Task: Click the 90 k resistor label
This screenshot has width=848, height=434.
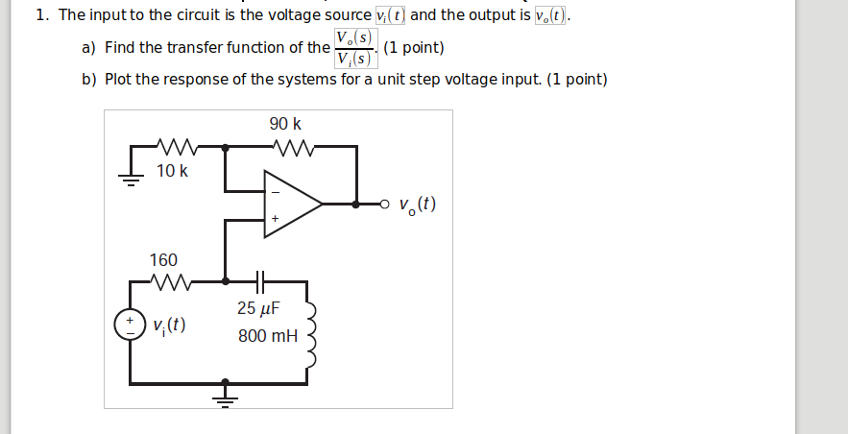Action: click(285, 124)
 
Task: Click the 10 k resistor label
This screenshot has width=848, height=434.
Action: click(172, 171)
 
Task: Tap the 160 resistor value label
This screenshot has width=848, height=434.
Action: click(163, 260)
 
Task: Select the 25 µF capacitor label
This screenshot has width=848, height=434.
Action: click(258, 308)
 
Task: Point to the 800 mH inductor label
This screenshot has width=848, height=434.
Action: click(268, 336)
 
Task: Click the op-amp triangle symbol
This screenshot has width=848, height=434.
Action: click(292, 205)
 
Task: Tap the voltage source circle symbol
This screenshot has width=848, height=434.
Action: click(130, 325)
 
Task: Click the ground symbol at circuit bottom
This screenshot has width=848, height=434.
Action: click(226, 394)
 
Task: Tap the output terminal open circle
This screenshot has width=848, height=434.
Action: click(385, 204)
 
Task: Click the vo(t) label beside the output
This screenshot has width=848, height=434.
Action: click(417, 205)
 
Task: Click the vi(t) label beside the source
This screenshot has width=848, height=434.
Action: click(169, 325)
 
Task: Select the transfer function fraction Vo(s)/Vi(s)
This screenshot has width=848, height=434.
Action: click(354, 48)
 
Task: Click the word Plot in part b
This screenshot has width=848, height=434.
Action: click(118, 80)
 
